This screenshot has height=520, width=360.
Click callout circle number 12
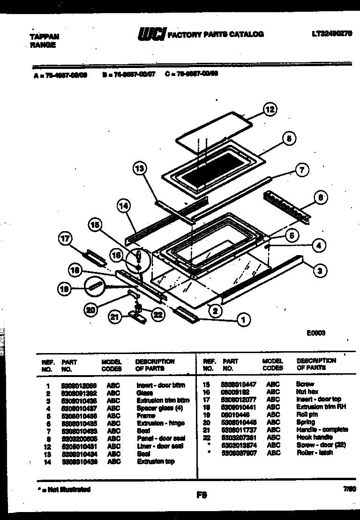pos(269,110)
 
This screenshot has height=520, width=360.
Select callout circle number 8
pos(289,138)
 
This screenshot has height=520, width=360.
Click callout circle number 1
pos(243,320)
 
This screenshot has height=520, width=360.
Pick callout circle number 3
pos(319,270)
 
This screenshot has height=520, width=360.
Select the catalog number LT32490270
pos(332,34)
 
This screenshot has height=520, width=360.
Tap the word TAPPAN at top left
pos(41,36)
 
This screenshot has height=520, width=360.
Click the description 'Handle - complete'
pos(322,430)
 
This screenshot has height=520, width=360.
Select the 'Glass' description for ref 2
pos(144,393)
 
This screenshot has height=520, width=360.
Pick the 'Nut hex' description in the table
pos(307,392)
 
